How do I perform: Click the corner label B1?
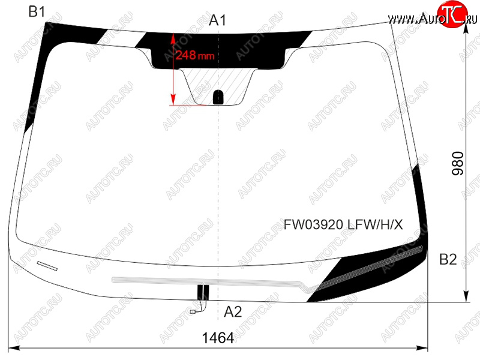tap(37, 11)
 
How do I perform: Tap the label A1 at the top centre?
tap(218, 20)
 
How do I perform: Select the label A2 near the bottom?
tap(233, 312)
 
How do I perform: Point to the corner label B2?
tap(448, 259)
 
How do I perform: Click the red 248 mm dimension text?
tap(194, 55)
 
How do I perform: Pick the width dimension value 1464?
tap(218, 338)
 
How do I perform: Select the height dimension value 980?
tap(458, 163)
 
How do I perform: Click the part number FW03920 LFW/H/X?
tap(343, 224)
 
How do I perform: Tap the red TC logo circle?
tap(452, 14)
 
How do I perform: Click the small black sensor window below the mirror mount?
tap(218, 97)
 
